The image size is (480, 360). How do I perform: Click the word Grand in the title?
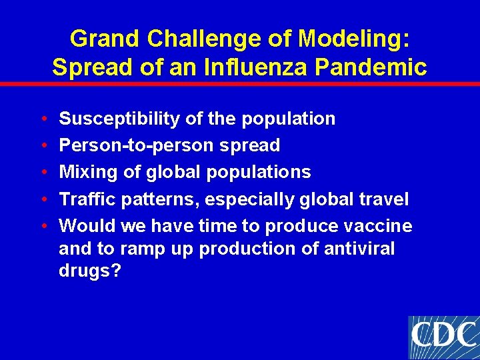105,39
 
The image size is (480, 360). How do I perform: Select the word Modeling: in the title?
353,39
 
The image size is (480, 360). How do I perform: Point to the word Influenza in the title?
251,68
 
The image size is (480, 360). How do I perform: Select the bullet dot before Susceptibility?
43,119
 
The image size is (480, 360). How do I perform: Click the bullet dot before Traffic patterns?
43,199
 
